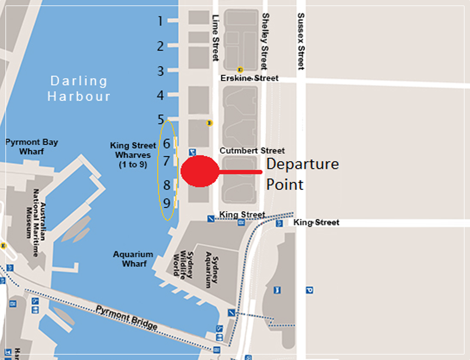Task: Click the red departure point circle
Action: (200, 171)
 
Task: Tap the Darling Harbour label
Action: (79, 88)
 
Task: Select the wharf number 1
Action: (160, 21)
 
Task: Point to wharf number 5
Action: (161, 119)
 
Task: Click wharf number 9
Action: (167, 203)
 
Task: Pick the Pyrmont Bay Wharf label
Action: (31, 147)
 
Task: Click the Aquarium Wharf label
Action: (133, 259)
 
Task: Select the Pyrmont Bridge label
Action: (127, 318)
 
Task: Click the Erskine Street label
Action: (250, 78)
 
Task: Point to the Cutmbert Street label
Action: (252, 150)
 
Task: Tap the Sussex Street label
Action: (300, 41)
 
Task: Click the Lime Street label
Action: (215, 37)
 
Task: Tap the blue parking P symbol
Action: (309, 290)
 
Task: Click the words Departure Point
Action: (302, 174)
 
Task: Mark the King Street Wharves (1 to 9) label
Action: (133, 155)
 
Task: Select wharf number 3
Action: (160, 71)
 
